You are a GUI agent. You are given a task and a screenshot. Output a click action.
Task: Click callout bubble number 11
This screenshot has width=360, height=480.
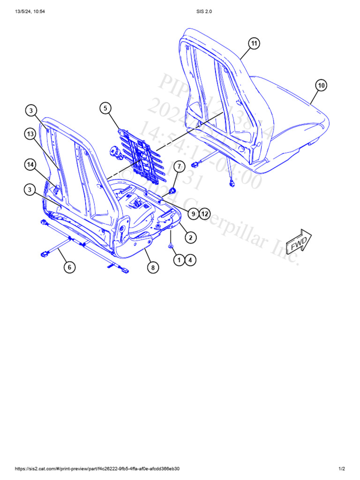(254, 44)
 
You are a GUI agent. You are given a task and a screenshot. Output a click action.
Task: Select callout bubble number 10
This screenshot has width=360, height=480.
(321, 85)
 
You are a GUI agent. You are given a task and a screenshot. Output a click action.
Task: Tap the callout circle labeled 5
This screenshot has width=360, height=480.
(105, 108)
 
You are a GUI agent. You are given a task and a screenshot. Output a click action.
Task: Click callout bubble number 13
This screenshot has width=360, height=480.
(30, 135)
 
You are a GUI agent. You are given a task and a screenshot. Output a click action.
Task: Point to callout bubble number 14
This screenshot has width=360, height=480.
(30, 165)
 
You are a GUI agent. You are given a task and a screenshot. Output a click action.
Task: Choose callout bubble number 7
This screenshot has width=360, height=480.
(179, 166)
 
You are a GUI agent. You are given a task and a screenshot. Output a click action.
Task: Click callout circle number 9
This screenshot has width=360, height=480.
(193, 214)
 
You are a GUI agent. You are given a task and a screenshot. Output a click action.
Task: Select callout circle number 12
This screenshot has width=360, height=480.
(204, 214)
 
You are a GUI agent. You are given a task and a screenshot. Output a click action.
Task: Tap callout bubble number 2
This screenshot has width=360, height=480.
(190, 238)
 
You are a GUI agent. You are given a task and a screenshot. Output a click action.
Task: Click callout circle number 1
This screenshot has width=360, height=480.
(179, 260)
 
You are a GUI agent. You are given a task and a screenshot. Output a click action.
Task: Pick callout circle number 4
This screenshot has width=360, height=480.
(190, 260)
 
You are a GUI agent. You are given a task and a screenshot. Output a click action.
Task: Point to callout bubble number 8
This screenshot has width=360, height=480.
(152, 268)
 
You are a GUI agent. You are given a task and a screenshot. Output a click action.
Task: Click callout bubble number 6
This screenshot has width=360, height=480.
(69, 267)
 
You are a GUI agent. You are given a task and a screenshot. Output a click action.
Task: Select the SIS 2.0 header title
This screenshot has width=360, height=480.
(205, 12)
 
